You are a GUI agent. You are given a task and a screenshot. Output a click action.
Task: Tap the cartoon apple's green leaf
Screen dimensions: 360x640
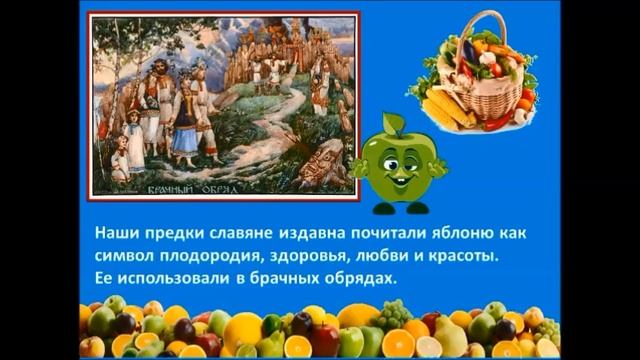pos(391,123)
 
